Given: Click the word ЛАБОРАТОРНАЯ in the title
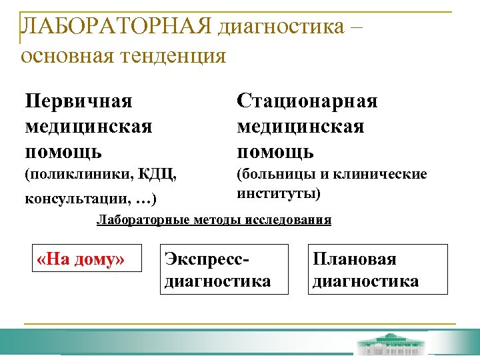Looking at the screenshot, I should tap(116, 27).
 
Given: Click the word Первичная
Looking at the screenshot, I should tap(78, 101).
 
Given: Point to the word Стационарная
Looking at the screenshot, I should tap(307, 101).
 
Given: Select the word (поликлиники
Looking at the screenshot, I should tap(78, 175).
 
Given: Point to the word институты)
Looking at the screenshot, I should tap(279, 193).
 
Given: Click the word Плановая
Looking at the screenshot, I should tap(355, 259).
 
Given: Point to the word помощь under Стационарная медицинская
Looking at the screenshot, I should tap(275, 151).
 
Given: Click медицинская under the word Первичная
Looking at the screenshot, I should tap(88, 126).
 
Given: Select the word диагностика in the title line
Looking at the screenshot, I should tap(287, 27).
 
